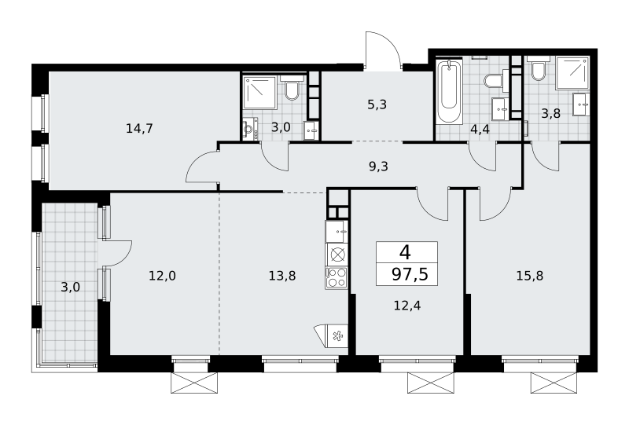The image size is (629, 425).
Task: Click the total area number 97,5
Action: (x=410, y=275)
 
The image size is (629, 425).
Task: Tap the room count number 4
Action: (x=405, y=253)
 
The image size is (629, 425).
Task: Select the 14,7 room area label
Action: (x=139, y=129)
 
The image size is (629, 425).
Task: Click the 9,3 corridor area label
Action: (x=378, y=166)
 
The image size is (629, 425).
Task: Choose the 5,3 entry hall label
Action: (x=377, y=104)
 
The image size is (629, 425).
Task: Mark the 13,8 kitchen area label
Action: (x=282, y=276)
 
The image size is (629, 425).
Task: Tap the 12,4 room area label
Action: (x=407, y=306)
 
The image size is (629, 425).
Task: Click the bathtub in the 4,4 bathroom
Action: (x=449, y=91)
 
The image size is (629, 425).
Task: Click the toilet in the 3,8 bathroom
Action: (x=538, y=70)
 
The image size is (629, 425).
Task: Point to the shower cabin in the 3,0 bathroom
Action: (x=260, y=93)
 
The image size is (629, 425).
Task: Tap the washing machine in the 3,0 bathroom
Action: (x=250, y=129)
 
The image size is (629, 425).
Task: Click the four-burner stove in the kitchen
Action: (x=337, y=277)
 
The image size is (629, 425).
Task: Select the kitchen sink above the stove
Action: (x=337, y=232)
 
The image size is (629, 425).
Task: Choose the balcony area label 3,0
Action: (x=70, y=288)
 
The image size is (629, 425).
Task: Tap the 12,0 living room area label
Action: (x=163, y=276)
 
